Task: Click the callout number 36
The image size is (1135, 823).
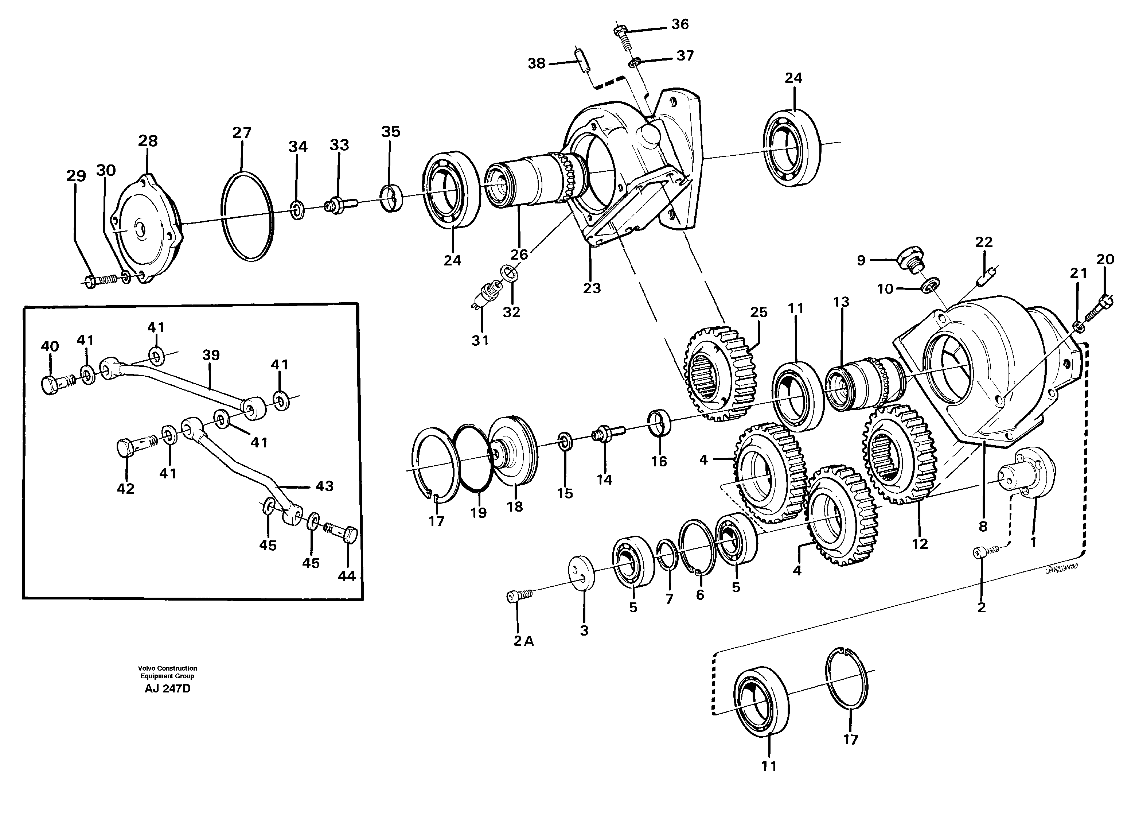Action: coord(680,24)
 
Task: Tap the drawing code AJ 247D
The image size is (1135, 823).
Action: coord(168,688)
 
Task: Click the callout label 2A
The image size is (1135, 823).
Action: coord(523,641)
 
